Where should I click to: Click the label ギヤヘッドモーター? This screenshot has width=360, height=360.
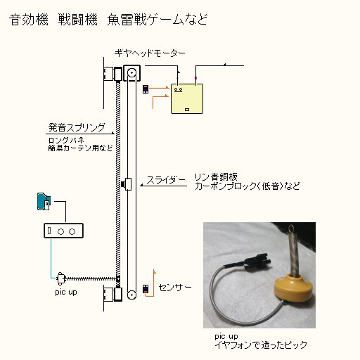click(150, 53)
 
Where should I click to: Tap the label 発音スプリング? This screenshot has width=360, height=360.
click(77, 127)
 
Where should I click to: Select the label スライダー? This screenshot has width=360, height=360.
click(166, 180)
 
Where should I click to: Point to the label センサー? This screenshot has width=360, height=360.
click(175, 288)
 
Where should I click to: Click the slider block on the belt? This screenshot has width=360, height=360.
click(127, 184)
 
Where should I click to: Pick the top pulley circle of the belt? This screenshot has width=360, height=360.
click(131, 72)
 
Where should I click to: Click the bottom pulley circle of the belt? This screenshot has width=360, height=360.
click(131, 295)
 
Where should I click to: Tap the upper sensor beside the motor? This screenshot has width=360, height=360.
click(146, 89)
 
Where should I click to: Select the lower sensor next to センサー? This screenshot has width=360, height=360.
click(146, 289)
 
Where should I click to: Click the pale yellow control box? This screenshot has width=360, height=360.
click(187, 98)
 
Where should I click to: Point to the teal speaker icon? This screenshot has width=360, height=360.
click(44, 202)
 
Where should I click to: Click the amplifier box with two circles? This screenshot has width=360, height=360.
click(63, 231)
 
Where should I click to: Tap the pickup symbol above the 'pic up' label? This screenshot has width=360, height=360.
click(60, 278)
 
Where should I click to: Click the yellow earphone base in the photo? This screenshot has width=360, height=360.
click(290, 288)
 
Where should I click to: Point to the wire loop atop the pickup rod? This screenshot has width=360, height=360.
click(292, 228)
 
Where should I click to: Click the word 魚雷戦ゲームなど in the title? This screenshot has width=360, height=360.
click(157, 20)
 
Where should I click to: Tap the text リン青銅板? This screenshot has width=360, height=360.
click(216, 177)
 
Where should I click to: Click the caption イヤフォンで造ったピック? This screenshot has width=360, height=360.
click(261, 345)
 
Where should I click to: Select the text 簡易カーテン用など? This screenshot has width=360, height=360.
click(80, 148)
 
